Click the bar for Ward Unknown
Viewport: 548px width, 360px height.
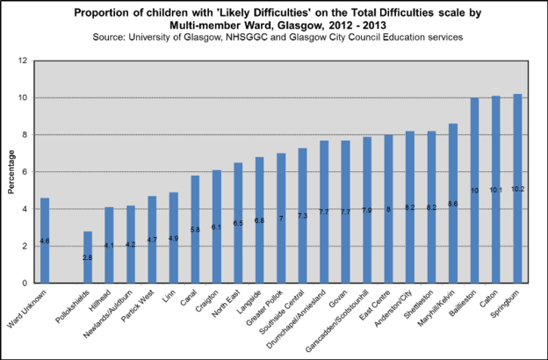[x=45, y=241]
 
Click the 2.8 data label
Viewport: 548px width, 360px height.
[x=88, y=258]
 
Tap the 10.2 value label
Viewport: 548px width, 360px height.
[x=517, y=189]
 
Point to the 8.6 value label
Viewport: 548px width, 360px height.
[x=453, y=204]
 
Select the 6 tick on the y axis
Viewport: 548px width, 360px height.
[x=26, y=172]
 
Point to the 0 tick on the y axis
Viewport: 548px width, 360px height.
[x=26, y=283]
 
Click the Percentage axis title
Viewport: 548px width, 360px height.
[x=11, y=171]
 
